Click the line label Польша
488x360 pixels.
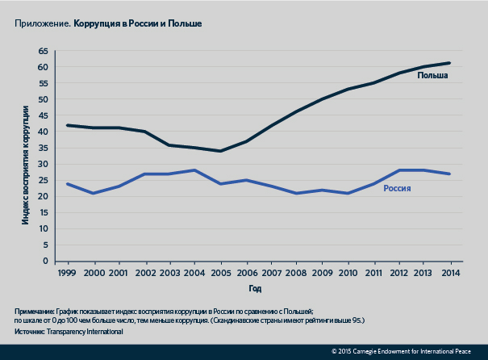click(432, 77)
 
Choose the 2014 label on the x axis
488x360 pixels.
click(449, 273)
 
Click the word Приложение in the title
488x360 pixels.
click(41, 24)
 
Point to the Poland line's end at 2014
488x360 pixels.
click(449, 63)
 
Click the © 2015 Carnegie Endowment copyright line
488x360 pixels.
click(408, 352)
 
